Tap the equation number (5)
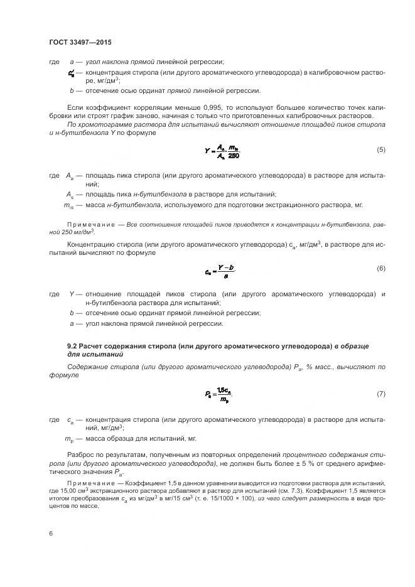point(380,149)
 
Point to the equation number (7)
point(380,394)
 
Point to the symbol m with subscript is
point(70,205)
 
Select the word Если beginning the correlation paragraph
point(75,107)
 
